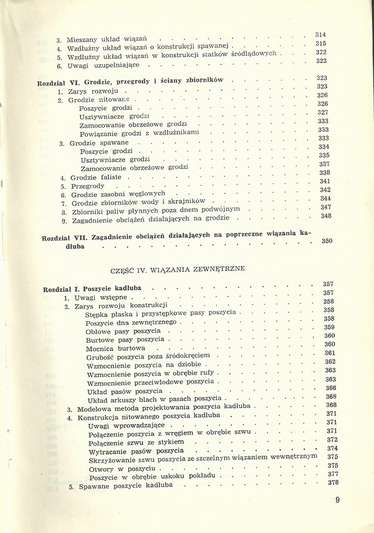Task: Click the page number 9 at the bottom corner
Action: (337, 499)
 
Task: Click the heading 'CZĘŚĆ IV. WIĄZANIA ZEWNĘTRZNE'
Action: (177, 269)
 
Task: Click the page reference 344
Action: (325, 198)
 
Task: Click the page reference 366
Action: (330, 388)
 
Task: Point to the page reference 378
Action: (332, 483)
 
